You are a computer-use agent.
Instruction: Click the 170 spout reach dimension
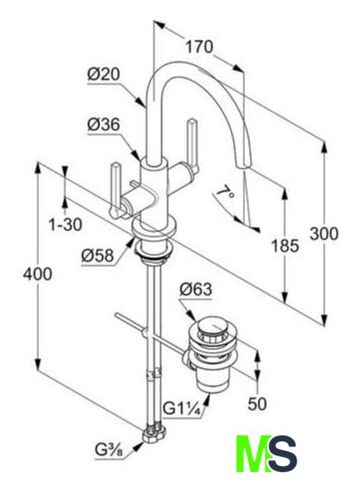199,47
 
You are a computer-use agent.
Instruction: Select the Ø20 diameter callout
104,75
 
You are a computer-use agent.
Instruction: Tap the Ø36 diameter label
104,125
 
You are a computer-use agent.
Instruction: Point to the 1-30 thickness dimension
65,225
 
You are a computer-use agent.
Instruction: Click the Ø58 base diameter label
98,255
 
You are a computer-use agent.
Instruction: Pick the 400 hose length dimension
38,274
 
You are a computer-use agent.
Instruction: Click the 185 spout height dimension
286,245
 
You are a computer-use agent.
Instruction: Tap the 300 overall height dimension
324,234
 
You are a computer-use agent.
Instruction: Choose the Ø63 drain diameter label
195,290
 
